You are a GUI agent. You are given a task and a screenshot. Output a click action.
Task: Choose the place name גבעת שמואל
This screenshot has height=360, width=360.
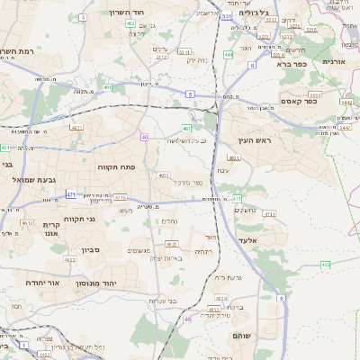tap(36, 180)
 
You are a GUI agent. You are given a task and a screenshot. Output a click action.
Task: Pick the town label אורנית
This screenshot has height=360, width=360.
tap(334, 61)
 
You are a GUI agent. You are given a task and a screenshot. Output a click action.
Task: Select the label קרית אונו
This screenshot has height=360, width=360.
tap(50, 229)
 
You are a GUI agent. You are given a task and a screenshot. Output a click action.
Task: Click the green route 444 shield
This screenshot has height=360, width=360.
tap(229, 55)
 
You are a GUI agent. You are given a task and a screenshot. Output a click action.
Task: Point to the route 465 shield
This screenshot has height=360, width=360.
tap(325, 265)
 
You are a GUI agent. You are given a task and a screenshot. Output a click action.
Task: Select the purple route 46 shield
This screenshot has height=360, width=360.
tap(188, 319)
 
